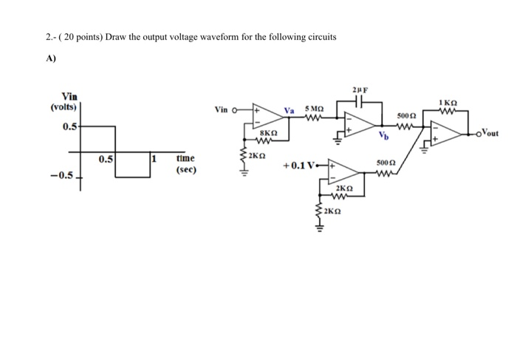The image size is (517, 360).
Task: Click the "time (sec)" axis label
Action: [185, 163]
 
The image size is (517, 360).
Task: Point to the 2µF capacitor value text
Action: [360, 89]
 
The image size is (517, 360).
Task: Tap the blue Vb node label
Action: [382, 137]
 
